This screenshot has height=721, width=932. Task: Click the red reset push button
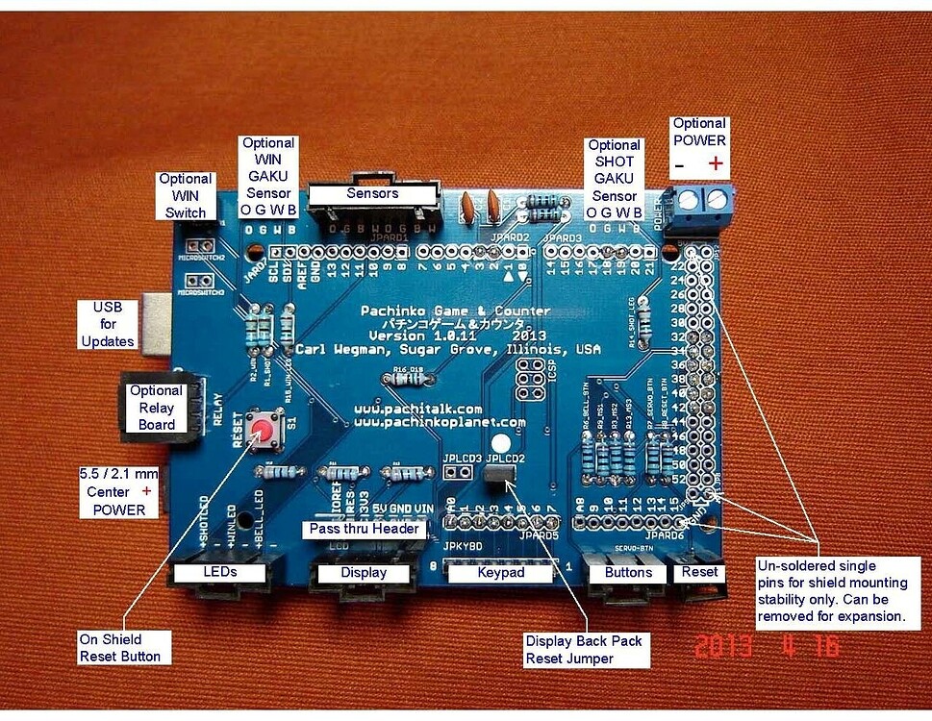262,428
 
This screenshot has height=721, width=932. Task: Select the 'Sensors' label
372,194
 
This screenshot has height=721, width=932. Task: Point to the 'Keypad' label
498,573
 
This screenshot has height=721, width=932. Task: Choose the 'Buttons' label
628,573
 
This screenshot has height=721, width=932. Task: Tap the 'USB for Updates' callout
108,325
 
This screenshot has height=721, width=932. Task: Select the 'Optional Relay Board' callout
156,408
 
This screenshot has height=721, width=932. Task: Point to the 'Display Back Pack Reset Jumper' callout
583,650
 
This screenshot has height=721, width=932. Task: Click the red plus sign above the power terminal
716,163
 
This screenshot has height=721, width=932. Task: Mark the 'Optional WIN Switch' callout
185,195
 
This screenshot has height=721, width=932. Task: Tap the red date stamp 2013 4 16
767,645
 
